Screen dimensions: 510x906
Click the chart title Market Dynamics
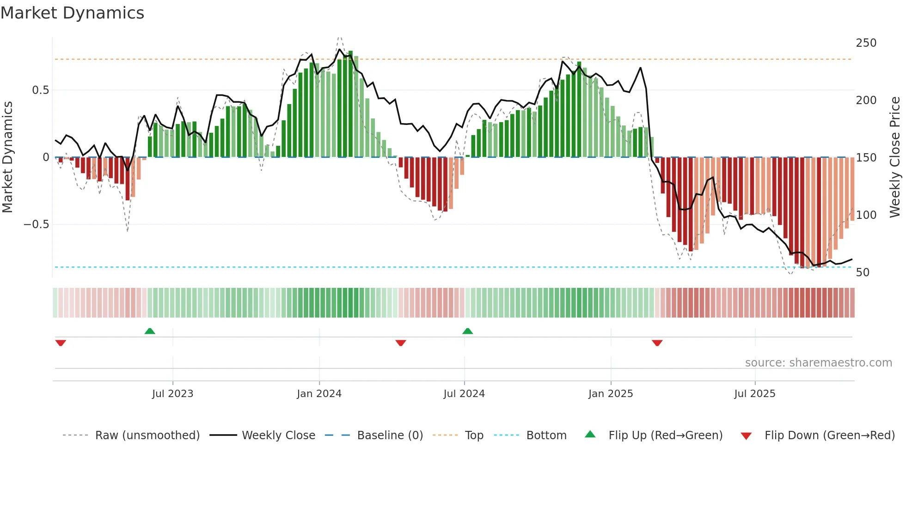[x=73, y=13]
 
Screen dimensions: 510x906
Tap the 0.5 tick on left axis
[x=40, y=90]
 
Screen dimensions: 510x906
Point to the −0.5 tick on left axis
[x=37, y=224]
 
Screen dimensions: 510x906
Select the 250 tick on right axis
[x=866, y=43]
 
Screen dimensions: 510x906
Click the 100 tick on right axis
[x=866, y=215]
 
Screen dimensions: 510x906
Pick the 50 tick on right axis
[x=863, y=273]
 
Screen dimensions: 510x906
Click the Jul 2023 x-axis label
[x=172, y=394]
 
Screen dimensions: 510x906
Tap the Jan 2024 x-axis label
[x=319, y=394]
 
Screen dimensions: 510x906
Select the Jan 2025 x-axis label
[x=610, y=394]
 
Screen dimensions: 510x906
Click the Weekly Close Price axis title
[x=895, y=157]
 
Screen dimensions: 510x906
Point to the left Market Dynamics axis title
[x=7, y=157]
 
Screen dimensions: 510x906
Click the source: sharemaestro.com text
[x=818, y=363]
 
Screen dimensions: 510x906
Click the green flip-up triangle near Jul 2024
[x=467, y=331]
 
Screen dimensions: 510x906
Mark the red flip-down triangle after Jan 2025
[x=657, y=343]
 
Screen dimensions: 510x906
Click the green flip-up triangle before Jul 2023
[x=150, y=331]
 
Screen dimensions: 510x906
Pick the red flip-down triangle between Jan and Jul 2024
[x=401, y=343]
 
